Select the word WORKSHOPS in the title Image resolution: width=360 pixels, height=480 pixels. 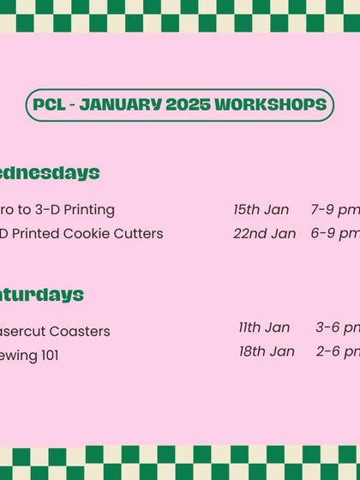pyautogui.click(x=270, y=105)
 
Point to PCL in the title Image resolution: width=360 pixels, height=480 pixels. pyautogui.click(x=49, y=105)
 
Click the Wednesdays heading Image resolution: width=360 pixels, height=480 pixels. pyautogui.click(x=48, y=173)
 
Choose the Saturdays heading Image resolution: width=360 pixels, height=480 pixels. pyautogui.click(x=40, y=295)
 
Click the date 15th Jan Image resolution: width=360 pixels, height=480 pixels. pyautogui.click(x=261, y=209)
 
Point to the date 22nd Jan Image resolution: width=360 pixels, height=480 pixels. pyautogui.click(x=264, y=233)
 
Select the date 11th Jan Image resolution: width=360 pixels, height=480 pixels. pyautogui.click(x=264, y=327)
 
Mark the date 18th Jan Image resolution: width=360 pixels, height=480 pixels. pyautogui.click(x=267, y=351)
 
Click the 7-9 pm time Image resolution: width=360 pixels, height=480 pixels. pyautogui.click(x=334, y=209)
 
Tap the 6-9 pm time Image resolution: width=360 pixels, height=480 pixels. pyautogui.click(x=334, y=233)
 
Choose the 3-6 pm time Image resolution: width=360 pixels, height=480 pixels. pyautogui.click(x=337, y=327)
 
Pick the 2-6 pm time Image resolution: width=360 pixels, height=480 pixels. pyautogui.click(x=337, y=351)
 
